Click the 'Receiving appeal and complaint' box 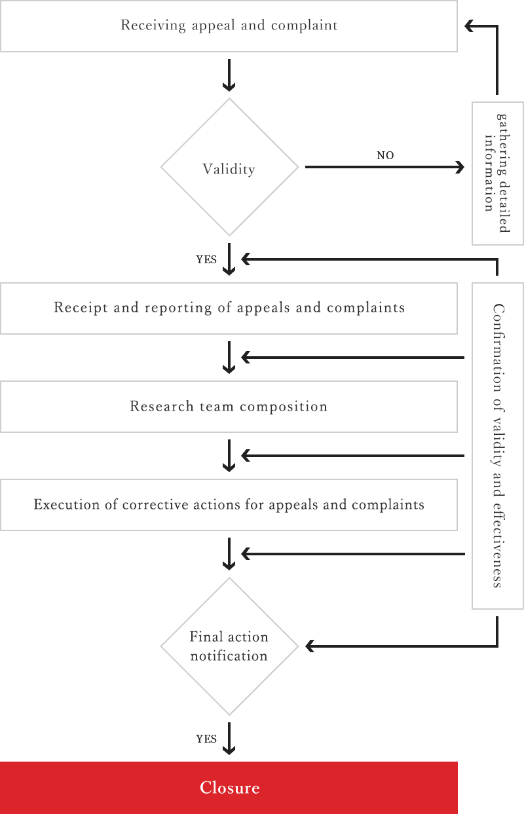(229, 26)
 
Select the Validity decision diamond (229, 168)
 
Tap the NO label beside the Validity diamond (385, 156)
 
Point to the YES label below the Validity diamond (206, 259)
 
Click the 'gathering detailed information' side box (497, 173)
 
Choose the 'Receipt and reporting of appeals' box (229, 308)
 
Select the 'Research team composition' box (229, 407)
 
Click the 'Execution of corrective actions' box (229, 505)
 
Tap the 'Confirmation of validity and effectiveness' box (497, 445)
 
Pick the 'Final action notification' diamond (229, 646)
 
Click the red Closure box (229, 788)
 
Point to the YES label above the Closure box (206, 739)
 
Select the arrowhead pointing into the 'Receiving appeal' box (469, 26)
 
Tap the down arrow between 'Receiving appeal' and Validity (229, 75)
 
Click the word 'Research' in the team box (152, 407)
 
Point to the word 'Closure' (229, 788)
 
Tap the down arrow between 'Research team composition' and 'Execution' (229, 456)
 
